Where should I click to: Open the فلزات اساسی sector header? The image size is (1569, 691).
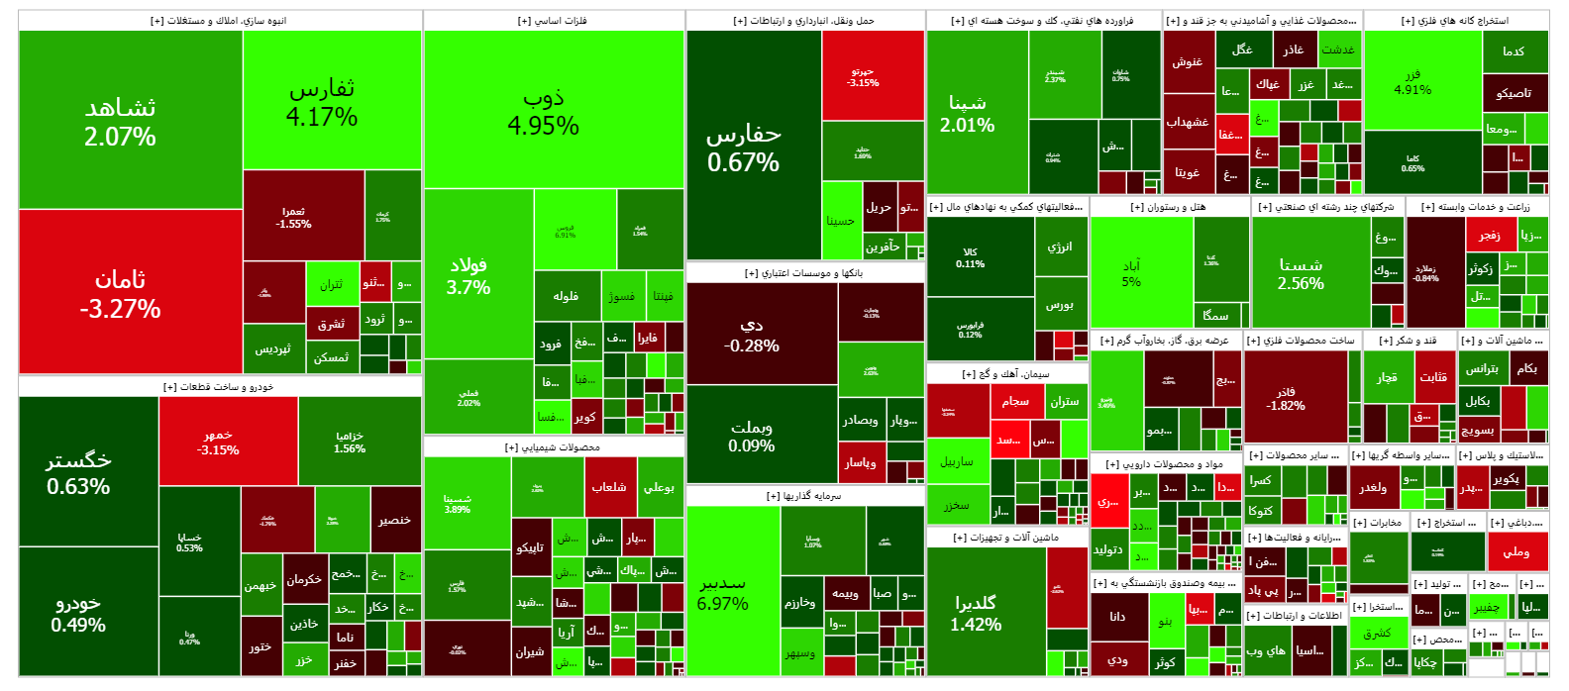(553, 21)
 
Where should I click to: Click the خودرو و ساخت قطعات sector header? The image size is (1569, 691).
(219, 387)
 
